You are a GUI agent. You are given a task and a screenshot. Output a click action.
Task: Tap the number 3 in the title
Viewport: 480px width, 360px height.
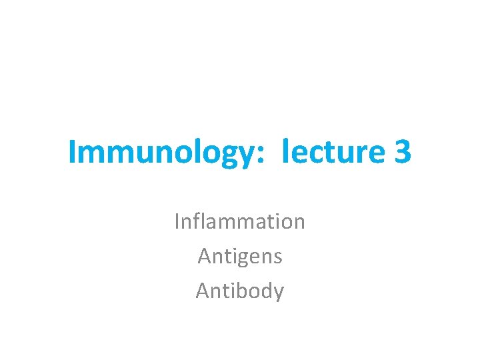pyautogui.click(x=403, y=152)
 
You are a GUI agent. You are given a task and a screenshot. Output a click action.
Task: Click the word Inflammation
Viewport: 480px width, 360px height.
pyautogui.click(x=240, y=221)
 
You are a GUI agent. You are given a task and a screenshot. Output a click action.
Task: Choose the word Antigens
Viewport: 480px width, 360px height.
pyautogui.click(x=240, y=257)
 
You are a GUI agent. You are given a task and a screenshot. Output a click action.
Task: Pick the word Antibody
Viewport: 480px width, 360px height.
pyautogui.click(x=240, y=291)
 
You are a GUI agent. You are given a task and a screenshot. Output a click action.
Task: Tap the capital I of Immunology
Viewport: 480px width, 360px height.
pyautogui.click(x=72, y=152)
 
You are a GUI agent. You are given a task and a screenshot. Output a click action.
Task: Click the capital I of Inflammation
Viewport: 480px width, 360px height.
pyautogui.click(x=177, y=221)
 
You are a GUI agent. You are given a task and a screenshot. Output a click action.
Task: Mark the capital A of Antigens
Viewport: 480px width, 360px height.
pyautogui.click(x=203, y=256)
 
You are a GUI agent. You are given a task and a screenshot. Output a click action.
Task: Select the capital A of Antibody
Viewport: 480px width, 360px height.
pyautogui.click(x=202, y=291)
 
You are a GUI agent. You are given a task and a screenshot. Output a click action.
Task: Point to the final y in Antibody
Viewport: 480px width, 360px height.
pyautogui.click(x=279, y=294)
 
